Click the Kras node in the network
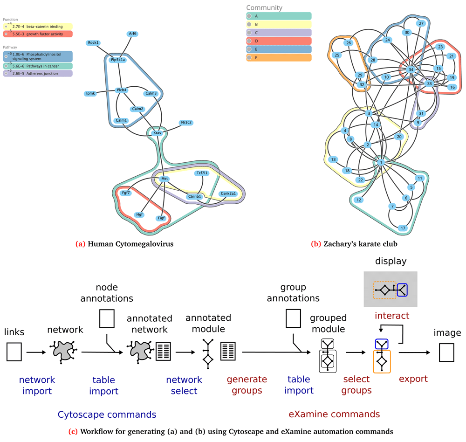pyautogui.click(x=158, y=133)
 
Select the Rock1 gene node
pyautogui.click(x=93, y=43)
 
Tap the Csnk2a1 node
pyautogui.click(x=228, y=193)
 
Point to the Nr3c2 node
pyautogui.click(x=186, y=123)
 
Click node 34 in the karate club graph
pyautogui.click(x=411, y=69)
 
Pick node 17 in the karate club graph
pyautogui.click(x=403, y=228)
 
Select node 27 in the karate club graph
pyautogui.click(x=421, y=23)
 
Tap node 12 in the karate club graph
pyautogui.click(x=358, y=200)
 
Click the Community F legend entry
pyautogui.click(x=279, y=57)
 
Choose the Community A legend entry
pyautogui.click(x=279, y=15)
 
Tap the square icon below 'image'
pyautogui.click(x=447, y=352)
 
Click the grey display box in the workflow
pyautogui.click(x=391, y=289)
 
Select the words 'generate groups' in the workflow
pyautogui.click(x=247, y=385)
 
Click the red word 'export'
pyautogui.click(x=413, y=379)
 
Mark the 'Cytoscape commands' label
pyautogui.click(x=107, y=414)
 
